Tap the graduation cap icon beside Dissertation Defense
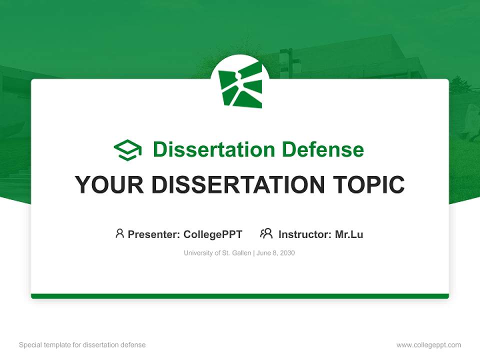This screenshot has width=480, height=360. [127, 149]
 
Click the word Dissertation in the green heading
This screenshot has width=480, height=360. [213, 149]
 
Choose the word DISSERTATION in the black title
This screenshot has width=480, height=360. [236, 185]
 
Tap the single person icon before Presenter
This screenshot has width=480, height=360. [119, 233]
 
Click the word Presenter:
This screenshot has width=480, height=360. [154, 234]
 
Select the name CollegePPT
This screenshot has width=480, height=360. [213, 234]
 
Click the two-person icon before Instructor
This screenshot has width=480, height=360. [266, 233]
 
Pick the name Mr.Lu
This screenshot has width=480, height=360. [349, 234]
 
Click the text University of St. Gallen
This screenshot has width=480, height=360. [217, 253]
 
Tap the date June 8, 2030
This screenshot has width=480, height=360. [276, 253]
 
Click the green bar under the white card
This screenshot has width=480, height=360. [240, 296]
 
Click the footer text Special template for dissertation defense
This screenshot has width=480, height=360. [82, 345]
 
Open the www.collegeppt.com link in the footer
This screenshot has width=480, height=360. [428, 345]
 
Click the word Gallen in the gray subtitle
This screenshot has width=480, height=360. [241, 253]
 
